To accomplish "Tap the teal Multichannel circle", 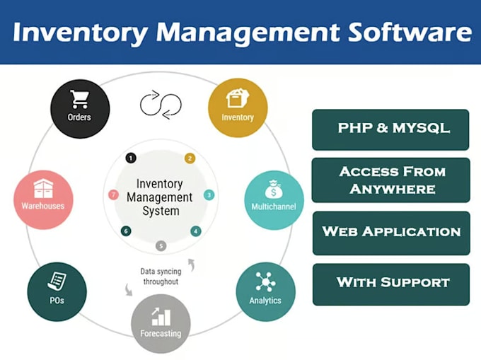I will pyautogui.click(x=274, y=199).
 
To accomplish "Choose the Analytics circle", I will pyautogui.click(x=265, y=291).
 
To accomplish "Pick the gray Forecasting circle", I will pyautogui.click(x=161, y=323).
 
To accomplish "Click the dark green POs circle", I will pyautogui.click(x=57, y=291).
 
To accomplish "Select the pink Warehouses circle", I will pyautogui.click(x=42, y=199).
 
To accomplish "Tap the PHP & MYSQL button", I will pyautogui.click(x=390, y=129).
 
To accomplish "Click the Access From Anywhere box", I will pyautogui.click(x=390, y=180).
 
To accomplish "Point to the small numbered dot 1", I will pyautogui.click(x=130, y=158).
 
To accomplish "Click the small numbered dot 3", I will pyautogui.click(x=209, y=194).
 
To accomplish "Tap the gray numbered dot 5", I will pyautogui.click(x=161, y=246).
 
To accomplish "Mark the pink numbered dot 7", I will pyautogui.click(x=112, y=194).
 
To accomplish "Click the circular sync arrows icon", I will pyautogui.click(x=161, y=105).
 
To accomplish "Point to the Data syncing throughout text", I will pyautogui.click(x=160, y=276).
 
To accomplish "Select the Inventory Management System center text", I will pyautogui.click(x=160, y=197).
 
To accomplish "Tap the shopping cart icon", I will pyautogui.click(x=80, y=100).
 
